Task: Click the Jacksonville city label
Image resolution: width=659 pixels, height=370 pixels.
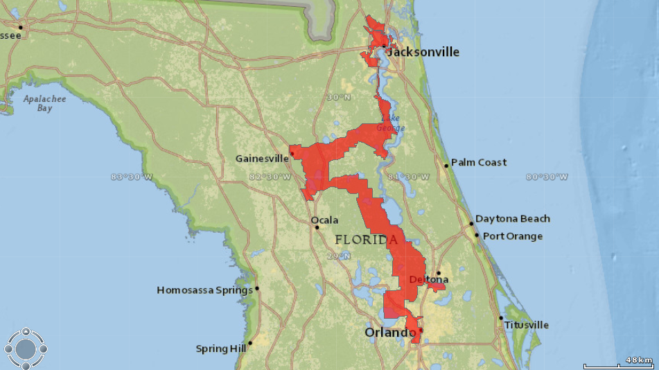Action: pos(423,52)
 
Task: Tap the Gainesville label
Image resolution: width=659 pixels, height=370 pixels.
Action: pos(262,158)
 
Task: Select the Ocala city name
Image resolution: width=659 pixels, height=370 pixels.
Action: pos(325,220)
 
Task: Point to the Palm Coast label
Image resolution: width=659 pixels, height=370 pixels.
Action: pos(479,162)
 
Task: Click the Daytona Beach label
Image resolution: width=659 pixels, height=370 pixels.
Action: pos(513,218)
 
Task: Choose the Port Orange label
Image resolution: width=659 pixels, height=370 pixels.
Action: pos(513,236)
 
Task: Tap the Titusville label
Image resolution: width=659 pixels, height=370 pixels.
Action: pos(527,324)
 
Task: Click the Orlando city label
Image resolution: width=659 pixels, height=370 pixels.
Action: pos(390,333)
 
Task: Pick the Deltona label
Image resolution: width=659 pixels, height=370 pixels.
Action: pos(428,279)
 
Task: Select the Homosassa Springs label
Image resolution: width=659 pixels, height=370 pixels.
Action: pos(204,290)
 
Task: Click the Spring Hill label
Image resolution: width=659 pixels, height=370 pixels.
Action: pos(220,349)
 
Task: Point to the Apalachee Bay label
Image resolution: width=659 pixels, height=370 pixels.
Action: pos(38,103)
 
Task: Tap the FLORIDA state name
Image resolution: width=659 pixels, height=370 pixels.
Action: pos(367,240)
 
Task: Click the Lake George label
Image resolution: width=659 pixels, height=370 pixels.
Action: pos(389,123)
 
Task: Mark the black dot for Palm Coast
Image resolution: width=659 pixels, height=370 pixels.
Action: pos(446,165)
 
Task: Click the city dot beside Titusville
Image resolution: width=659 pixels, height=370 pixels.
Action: pos(501,318)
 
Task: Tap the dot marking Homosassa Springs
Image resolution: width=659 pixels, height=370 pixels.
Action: pos(257,288)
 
